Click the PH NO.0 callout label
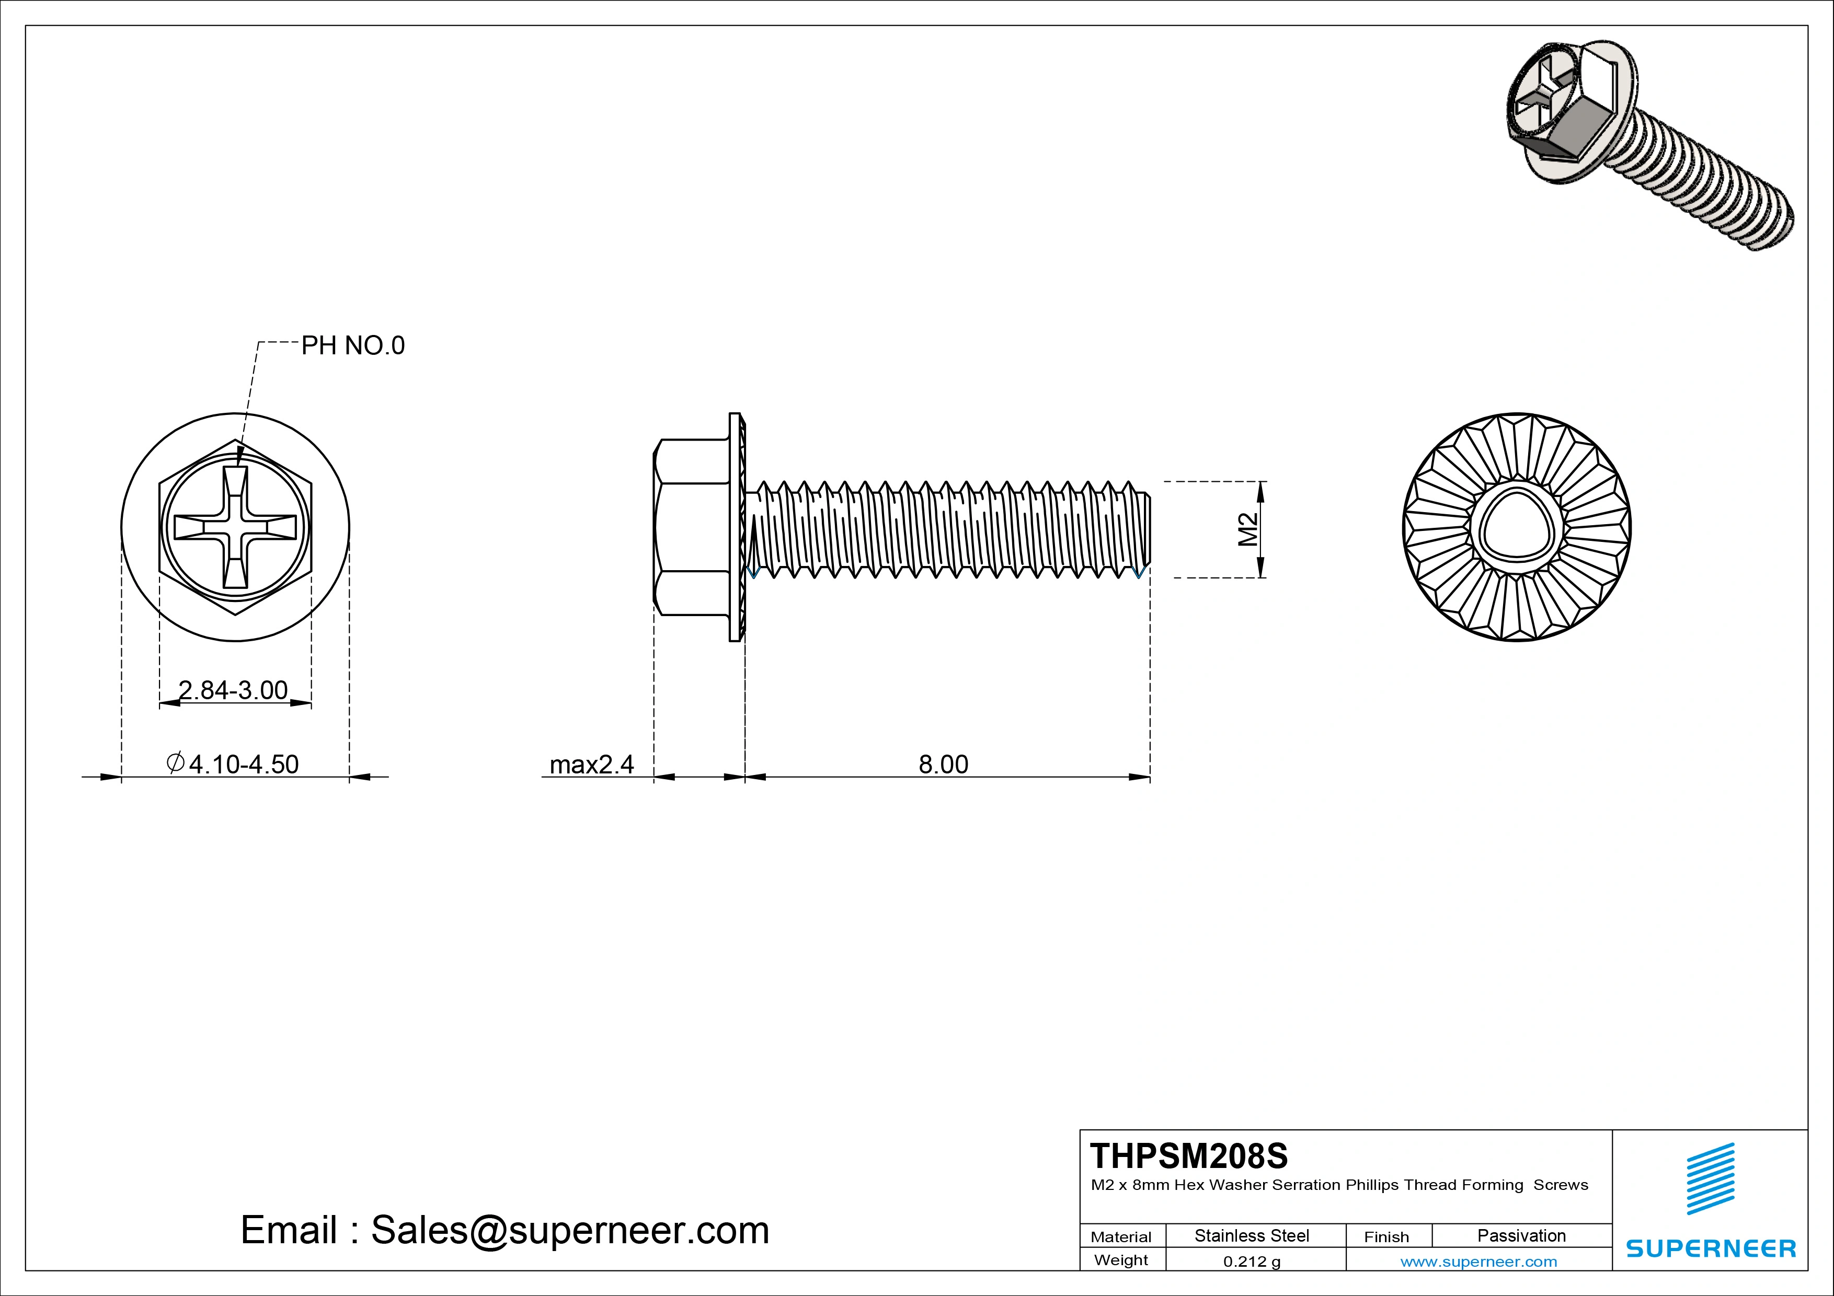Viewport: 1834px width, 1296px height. (x=352, y=346)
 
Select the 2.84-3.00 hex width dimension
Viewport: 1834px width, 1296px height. (x=233, y=690)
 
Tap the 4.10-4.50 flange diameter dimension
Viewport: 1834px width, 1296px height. (x=233, y=764)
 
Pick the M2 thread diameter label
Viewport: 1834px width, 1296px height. (x=1248, y=529)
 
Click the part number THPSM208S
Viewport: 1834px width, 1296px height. (x=1188, y=1155)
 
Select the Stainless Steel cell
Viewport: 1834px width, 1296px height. (x=1252, y=1235)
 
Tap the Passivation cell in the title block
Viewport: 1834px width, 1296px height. (x=1521, y=1235)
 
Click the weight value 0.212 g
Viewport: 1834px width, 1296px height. (x=1252, y=1262)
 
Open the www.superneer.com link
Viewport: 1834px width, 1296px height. (x=1478, y=1262)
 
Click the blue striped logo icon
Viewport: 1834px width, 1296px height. (x=1710, y=1178)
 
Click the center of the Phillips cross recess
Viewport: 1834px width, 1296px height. (x=236, y=527)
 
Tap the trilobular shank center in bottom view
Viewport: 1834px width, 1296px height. (x=1516, y=527)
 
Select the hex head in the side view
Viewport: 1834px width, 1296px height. (x=692, y=527)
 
